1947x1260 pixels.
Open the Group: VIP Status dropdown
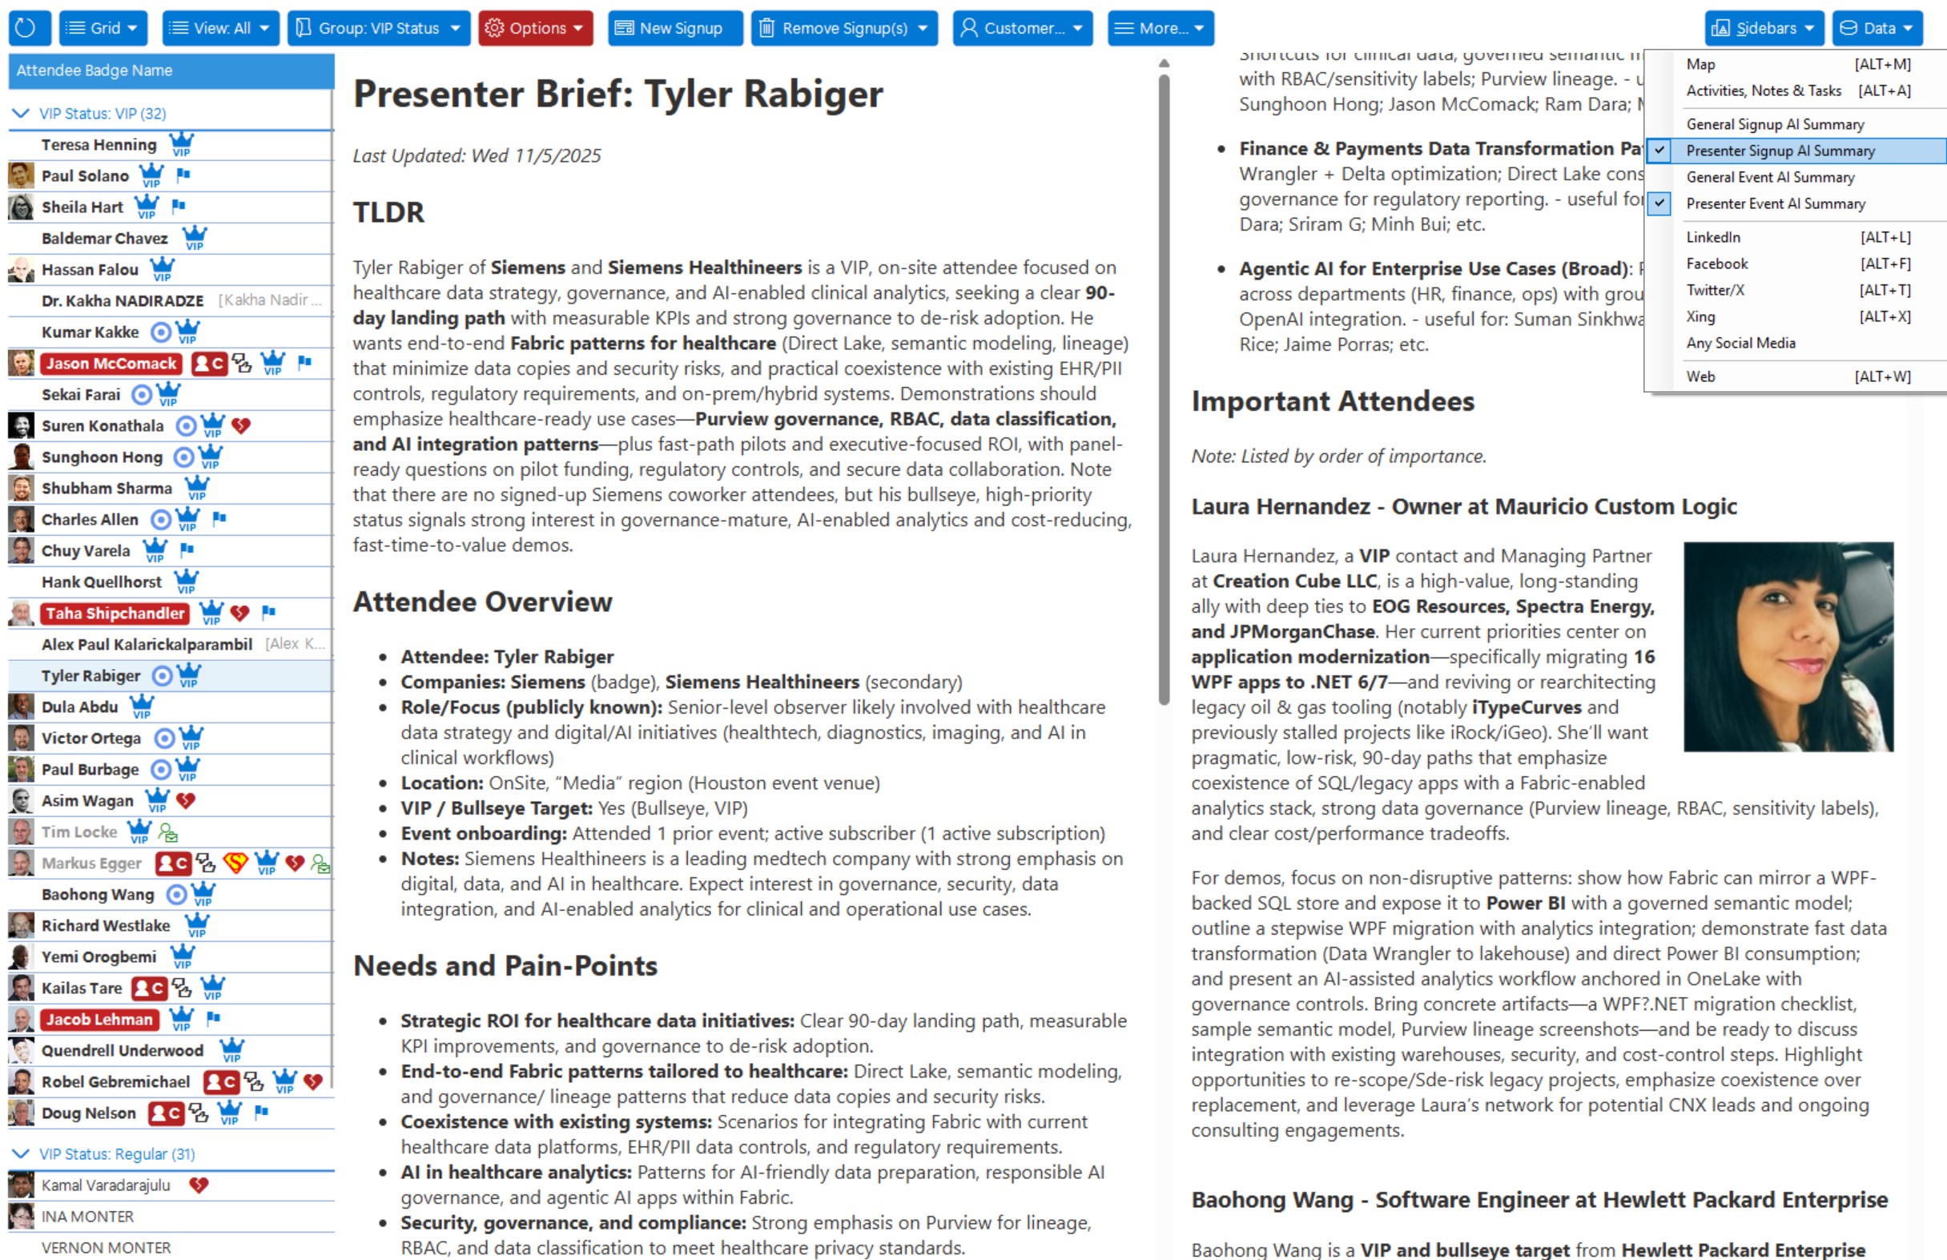379,28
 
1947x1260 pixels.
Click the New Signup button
674,28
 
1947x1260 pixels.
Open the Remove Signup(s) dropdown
843,28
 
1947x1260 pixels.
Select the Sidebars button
1763,28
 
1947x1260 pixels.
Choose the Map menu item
1701,64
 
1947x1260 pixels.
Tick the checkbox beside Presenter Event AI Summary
1659,203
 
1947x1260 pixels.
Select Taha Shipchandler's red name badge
115,614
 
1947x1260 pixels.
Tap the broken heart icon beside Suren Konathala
240,425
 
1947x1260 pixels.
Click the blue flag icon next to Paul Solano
183,175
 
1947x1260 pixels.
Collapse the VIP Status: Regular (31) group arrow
21,1153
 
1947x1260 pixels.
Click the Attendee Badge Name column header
94,70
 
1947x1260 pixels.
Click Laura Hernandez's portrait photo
1788,646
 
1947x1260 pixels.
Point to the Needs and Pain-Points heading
505,966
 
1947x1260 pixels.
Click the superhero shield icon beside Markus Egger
235,863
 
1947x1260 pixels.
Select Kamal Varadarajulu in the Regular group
106,1186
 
